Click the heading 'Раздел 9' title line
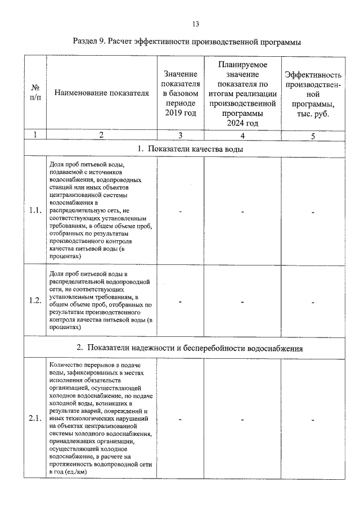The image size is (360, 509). click(x=186, y=42)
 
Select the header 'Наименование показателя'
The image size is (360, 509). click(x=101, y=93)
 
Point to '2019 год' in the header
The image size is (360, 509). click(x=181, y=114)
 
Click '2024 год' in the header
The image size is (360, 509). click(x=242, y=123)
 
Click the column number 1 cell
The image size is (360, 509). click(x=35, y=135)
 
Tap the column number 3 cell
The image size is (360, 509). click(x=181, y=135)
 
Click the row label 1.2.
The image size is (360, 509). click(x=35, y=300)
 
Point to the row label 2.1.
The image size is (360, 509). click(x=35, y=420)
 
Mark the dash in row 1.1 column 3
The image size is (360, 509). click(x=181, y=211)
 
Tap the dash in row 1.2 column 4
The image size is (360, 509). click(x=242, y=301)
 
